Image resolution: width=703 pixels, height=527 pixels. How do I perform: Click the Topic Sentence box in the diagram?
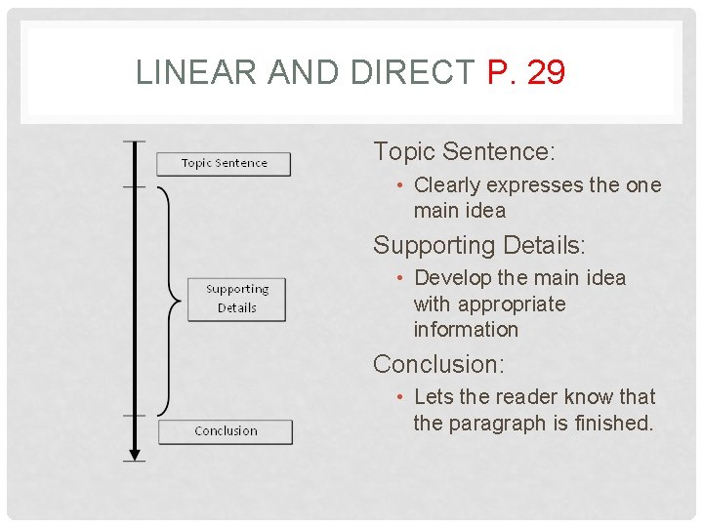pos(225,163)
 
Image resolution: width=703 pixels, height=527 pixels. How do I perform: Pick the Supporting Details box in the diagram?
pos(237,299)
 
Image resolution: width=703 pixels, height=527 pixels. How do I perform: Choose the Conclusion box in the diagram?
pos(226,431)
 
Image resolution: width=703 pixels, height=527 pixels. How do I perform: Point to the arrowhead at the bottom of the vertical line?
pos(135,453)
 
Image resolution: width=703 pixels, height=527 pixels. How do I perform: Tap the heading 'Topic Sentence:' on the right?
pos(464,152)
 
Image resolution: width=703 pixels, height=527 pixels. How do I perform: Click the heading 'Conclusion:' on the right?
pos(438,365)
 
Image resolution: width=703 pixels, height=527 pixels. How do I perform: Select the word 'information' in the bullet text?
pos(466,330)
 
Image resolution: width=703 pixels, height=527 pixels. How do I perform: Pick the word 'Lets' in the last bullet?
pos(432,397)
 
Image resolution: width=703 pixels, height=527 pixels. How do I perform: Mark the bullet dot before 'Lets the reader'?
pos(401,397)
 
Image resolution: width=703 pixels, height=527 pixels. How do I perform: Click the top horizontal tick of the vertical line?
pos(135,142)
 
